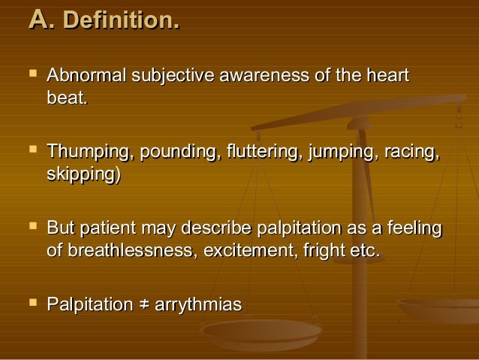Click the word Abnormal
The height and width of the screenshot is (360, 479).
88,77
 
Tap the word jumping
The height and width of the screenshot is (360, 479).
342,154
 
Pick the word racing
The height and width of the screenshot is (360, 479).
410,154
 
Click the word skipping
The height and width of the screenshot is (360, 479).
81,175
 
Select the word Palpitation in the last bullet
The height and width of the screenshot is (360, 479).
89,304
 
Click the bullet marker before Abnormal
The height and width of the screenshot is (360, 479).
31,76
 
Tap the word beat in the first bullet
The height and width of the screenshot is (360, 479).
65,98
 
